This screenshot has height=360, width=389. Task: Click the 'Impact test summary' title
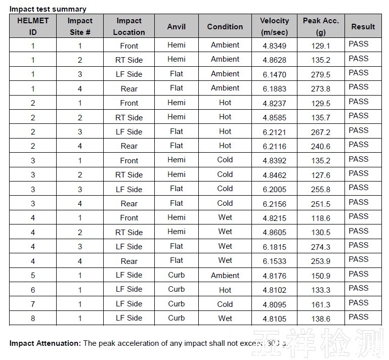pos(48,9)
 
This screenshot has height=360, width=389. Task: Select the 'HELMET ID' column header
pos(33,26)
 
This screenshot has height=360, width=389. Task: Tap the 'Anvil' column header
pos(177,27)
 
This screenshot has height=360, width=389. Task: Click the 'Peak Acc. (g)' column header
pos(321,26)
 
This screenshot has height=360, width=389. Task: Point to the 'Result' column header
pos(363,26)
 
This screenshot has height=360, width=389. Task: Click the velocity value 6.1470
pos(274,74)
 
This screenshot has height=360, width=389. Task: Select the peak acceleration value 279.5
pos(321,74)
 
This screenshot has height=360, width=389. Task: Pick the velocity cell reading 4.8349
pos(274,46)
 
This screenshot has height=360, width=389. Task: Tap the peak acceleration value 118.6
pos(321,218)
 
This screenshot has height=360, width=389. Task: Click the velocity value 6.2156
pos(274,204)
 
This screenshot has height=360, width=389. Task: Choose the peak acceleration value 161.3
pos(321,304)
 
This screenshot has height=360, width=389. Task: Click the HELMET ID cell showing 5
pos(33,276)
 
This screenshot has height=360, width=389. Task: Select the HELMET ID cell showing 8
pos(33,319)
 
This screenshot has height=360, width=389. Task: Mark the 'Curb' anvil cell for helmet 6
pos(177,289)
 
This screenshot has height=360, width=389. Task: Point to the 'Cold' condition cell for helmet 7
pos(225,304)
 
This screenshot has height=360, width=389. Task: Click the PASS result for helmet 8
pos(359,317)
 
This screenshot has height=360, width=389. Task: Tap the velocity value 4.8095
pos(274,304)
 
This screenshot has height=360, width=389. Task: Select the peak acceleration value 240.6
pos(321,146)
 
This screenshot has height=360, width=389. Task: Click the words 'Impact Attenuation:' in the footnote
pos(45,343)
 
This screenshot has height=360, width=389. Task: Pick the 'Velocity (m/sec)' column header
pos(274,26)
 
